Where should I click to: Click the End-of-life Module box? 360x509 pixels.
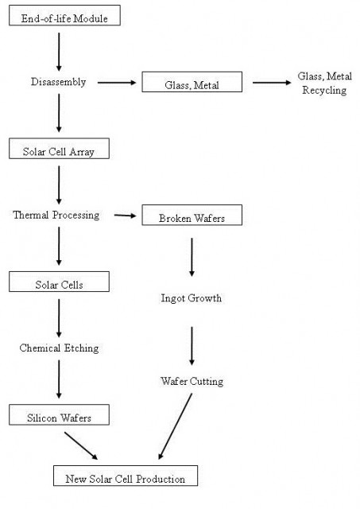point(64,15)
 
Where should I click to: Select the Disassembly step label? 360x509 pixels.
point(58,82)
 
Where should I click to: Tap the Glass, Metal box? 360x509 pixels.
point(192,82)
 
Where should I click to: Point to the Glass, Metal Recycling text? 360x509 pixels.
point(325,83)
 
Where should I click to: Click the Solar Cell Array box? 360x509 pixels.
point(59,149)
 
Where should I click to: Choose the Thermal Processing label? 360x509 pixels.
point(56,215)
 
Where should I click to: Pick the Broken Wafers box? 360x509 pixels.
point(192,215)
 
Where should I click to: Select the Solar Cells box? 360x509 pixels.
point(59,282)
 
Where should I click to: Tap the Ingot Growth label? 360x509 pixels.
point(192,298)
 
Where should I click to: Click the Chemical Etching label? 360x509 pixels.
point(59,348)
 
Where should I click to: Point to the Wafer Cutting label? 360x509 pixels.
point(192,381)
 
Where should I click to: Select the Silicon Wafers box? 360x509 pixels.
point(59,414)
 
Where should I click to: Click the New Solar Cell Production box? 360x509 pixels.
point(126,476)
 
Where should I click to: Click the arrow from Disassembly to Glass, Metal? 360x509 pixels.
point(117,83)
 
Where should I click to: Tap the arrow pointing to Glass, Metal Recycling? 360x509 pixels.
point(272,83)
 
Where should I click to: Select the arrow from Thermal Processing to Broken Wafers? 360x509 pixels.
point(126,216)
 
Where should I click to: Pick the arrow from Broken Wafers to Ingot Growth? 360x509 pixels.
point(192,257)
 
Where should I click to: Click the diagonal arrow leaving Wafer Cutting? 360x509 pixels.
point(175,426)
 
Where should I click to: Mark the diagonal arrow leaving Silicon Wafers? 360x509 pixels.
point(81,445)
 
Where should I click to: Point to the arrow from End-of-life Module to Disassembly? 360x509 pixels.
point(59,52)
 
